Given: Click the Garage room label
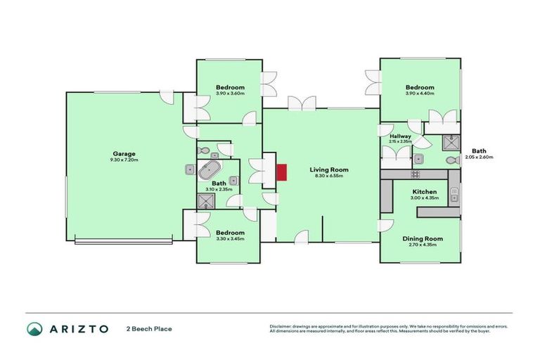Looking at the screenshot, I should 124,154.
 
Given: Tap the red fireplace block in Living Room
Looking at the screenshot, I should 283,172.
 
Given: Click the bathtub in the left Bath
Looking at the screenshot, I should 210,169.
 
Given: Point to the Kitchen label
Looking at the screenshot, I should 425,192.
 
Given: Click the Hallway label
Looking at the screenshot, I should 400,136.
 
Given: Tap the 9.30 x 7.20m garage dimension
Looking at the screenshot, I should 124,160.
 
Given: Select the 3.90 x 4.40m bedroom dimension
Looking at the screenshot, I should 420,94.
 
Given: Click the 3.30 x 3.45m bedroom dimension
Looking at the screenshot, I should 230,239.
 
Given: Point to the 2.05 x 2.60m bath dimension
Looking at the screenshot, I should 479,157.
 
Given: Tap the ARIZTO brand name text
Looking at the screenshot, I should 79,328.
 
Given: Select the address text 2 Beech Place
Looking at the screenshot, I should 149,328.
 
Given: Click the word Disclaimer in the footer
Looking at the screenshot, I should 281,326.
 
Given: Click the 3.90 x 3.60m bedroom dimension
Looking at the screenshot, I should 230,94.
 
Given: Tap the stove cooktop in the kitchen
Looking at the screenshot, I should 416,174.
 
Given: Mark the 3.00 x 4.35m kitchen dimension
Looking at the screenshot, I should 425,198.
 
